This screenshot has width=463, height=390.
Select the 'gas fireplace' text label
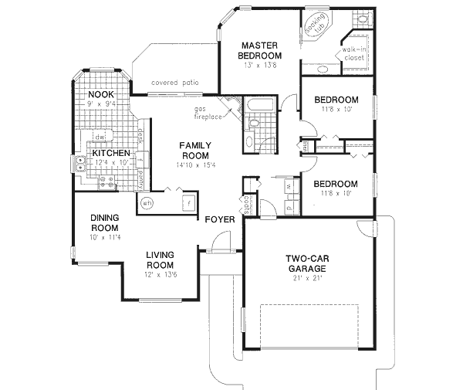tap(208, 113)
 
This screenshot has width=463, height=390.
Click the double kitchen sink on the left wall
tap(79, 163)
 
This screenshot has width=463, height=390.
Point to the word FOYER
tap(219, 220)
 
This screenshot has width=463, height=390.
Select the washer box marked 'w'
tap(288, 186)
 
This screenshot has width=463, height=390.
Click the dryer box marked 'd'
tap(288, 207)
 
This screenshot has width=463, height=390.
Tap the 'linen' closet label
tap(306, 144)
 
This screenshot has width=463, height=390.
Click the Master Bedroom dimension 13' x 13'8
tap(259, 66)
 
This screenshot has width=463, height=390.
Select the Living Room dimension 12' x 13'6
tap(159, 274)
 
